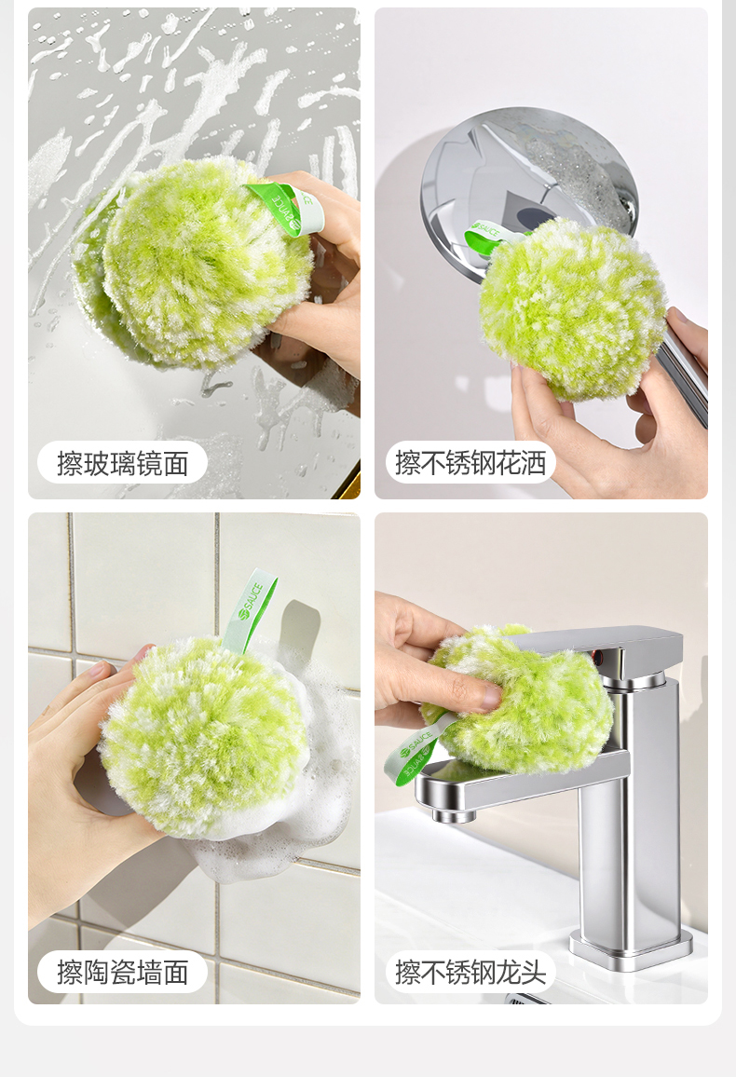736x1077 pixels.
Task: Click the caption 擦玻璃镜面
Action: click(x=122, y=464)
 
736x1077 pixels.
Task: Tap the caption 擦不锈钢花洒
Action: click(x=470, y=463)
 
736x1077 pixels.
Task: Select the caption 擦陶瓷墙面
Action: click(x=122, y=972)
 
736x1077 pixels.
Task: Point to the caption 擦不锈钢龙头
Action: click(x=470, y=972)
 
